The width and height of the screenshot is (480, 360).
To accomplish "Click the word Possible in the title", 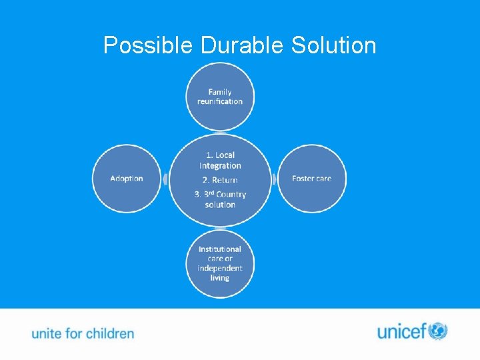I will [149, 45].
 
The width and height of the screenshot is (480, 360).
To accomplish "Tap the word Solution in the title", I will [334, 45].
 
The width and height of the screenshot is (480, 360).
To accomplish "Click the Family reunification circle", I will [220, 97].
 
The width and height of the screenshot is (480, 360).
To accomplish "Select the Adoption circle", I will [127, 179].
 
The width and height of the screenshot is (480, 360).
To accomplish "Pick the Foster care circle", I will [311, 179].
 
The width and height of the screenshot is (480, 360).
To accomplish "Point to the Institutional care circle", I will [220, 263].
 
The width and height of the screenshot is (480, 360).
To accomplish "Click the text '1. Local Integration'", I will [220, 160].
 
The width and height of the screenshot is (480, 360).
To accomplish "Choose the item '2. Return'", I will [220, 180].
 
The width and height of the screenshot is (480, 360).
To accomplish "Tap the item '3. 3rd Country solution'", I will [220, 199].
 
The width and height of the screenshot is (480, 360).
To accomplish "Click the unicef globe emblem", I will [437, 331].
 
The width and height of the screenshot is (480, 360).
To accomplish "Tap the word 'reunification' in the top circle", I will [220, 101].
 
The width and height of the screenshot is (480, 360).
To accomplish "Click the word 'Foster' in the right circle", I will [303, 179].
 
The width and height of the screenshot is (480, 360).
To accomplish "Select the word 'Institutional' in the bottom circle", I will [220, 249].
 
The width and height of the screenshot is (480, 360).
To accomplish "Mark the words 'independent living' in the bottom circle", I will [220, 273].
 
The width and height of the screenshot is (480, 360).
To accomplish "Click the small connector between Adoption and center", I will [165, 179].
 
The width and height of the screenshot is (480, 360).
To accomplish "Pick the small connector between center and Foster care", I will [274, 179].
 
